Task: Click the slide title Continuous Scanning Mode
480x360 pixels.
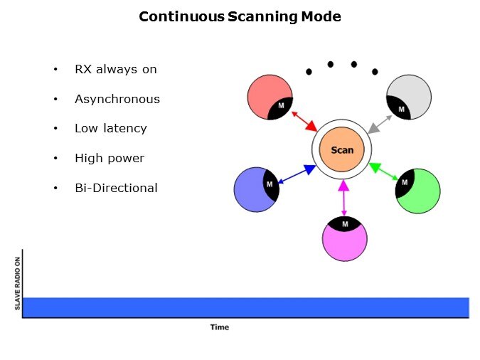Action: (x=240, y=16)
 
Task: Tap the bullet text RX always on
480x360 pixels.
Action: (x=115, y=70)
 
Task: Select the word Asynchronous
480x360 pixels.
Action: (x=117, y=99)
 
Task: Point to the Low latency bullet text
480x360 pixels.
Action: (x=110, y=129)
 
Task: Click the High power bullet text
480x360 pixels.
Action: (x=109, y=158)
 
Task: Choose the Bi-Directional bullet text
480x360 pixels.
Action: (x=116, y=188)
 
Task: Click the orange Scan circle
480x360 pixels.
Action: (x=341, y=150)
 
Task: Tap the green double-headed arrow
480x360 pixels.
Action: (x=384, y=173)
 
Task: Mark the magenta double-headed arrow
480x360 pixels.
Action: (x=344, y=198)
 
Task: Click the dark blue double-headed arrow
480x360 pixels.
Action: (x=296, y=174)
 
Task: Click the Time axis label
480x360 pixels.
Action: (x=219, y=327)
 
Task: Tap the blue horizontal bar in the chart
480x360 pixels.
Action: (x=245, y=307)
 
